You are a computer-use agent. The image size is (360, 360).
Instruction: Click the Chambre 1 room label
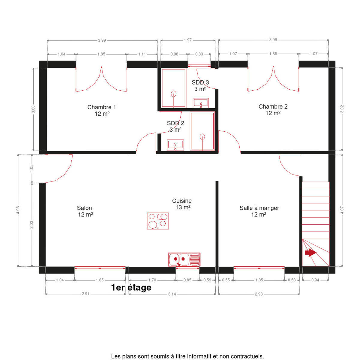pyautogui.click(x=102, y=107)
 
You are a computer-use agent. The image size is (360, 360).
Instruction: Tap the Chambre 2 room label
pyautogui.click(x=273, y=106)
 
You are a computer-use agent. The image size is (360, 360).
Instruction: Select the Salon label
pyautogui.click(x=84, y=208)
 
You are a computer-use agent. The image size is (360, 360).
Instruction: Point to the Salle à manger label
pyautogui.click(x=259, y=208)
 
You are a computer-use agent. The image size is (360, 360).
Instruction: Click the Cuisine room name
pyautogui.click(x=182, y=201)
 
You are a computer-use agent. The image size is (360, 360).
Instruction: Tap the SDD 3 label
pyautogui.click(x=200, y=82)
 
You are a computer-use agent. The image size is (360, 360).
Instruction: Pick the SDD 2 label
pyautogui.click(x=175, y=123)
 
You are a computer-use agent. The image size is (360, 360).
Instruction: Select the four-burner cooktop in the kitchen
pyautogui.click(x=158, y=221)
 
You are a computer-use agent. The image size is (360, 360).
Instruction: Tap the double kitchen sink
pyautogui.click(x=184, y=259)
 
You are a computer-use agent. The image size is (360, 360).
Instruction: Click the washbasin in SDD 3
pyautogui.click(x=201, y=103)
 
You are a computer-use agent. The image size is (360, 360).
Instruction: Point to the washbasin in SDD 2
pyautogui.click(x=175, y=145)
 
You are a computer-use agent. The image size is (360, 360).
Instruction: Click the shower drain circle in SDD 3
pyautogui.click(x=174, y=93)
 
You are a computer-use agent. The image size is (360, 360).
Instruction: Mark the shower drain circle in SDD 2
pyautogui.click(x=202, y=136)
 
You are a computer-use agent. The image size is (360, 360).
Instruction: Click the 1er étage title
pyautogui.click(x=131, y=288)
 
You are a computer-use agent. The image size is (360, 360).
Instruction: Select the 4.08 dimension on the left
pyautogui.click(x=18, y=210)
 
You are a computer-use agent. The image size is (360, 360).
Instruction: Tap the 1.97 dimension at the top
pyautogui.click(x=187, y=40)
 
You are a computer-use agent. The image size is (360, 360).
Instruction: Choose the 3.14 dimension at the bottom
pyautogui.click(x=172, y=294)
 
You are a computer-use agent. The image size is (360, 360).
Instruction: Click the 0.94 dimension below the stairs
pyautogui.click(x=315, y=280)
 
